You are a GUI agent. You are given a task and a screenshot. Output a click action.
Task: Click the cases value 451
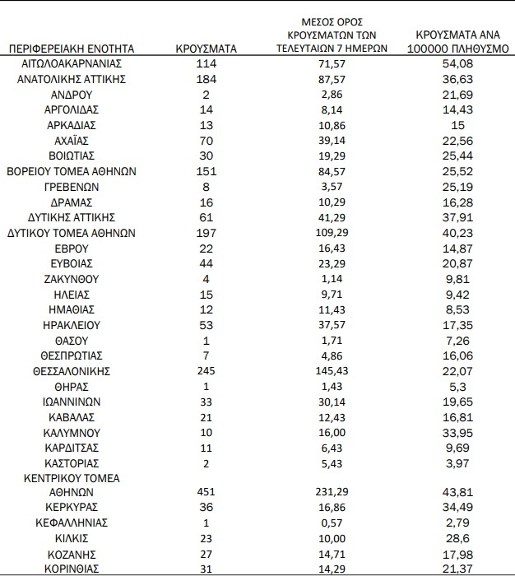click(x=207, y=492)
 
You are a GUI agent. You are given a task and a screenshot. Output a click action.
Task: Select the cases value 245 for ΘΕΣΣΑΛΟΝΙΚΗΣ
click(x=207, y=371)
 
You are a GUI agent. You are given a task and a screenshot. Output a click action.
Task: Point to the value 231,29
click(x=332, y=492)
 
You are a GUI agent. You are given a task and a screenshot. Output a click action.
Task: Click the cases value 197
click(x=207, y=233)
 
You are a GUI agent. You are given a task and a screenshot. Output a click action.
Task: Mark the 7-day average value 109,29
click(x=332, y=233)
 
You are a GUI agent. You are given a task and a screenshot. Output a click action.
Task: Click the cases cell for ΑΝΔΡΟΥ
click(x=207, y=95)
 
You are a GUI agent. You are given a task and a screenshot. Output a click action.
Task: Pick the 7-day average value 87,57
click(x=332, y=79)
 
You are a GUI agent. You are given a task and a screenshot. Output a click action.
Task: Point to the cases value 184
click(x=207, y=79)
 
